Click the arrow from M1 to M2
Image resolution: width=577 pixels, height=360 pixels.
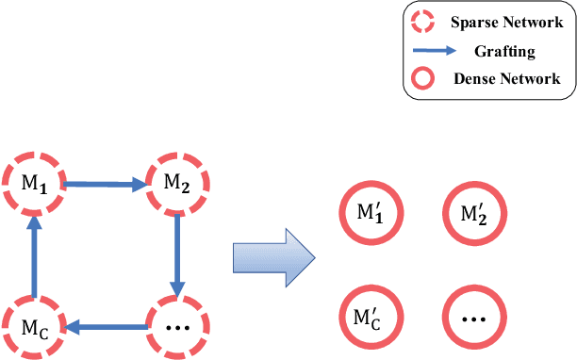point(105,186)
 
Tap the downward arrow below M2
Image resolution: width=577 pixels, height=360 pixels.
point(177,252)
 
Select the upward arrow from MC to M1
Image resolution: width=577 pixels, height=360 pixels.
point(34,254)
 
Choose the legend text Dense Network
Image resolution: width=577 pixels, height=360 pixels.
point(505,80)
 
